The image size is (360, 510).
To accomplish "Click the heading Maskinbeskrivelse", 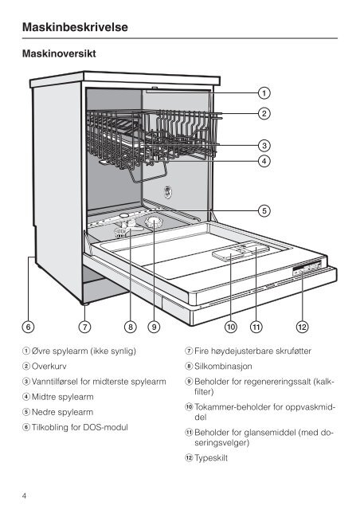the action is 75,26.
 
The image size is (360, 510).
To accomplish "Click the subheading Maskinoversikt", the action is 59,53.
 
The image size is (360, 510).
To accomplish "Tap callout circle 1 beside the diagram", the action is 264,93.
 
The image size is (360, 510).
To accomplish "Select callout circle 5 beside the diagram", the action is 264,210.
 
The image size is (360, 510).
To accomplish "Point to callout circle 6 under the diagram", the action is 29,327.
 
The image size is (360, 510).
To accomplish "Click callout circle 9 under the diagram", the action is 155,327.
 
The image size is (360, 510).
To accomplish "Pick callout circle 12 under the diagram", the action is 302,327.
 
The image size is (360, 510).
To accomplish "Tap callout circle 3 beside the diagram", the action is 264,145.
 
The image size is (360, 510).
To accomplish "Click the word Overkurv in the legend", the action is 49,367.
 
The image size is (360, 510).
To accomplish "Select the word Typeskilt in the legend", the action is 211,458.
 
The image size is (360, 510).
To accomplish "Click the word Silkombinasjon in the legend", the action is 223,367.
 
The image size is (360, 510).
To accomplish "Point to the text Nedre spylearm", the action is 62,412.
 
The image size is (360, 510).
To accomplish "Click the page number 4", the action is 24,496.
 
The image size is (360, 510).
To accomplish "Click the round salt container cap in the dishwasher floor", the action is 153,222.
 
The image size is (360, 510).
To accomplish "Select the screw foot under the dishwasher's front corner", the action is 85,304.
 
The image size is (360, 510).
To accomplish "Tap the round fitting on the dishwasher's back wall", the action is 167,191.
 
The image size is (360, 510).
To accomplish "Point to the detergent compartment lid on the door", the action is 229,253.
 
